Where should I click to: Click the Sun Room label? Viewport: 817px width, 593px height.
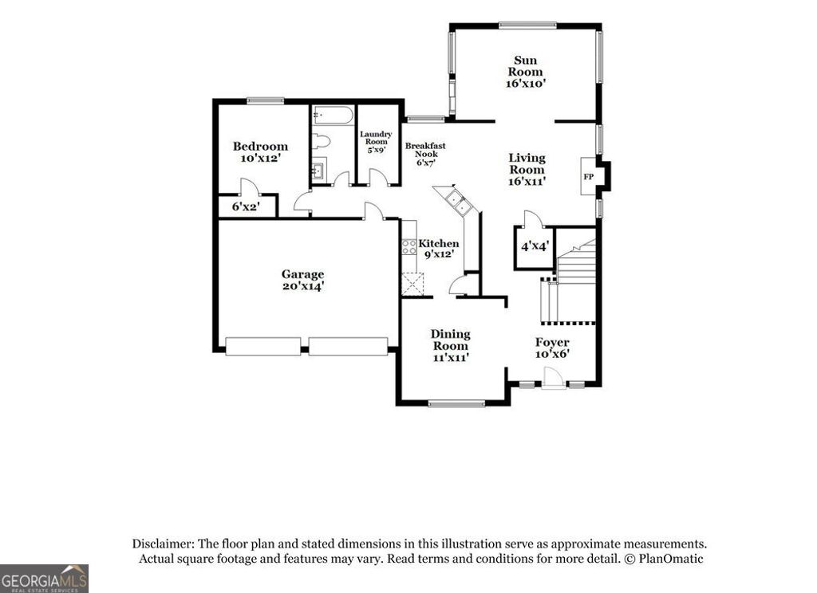525,71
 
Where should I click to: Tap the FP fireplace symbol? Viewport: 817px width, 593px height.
588,176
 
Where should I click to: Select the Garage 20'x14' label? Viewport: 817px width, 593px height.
302,280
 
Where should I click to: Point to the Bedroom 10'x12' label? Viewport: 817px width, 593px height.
260,152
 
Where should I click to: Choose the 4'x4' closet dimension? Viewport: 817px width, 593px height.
534,246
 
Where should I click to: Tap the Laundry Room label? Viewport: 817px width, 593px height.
376,142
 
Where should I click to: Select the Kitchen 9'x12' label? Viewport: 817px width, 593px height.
438,249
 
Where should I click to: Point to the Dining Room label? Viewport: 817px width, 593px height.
450,345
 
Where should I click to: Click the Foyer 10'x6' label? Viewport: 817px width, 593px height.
551,348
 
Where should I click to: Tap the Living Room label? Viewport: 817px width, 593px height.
527,169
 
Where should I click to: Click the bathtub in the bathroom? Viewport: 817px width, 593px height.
333,116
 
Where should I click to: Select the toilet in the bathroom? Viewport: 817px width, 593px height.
322,143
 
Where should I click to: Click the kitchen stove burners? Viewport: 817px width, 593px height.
408,246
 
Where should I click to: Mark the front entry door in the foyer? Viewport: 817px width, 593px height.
552,380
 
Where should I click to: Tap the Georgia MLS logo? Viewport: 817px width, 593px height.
44,578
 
